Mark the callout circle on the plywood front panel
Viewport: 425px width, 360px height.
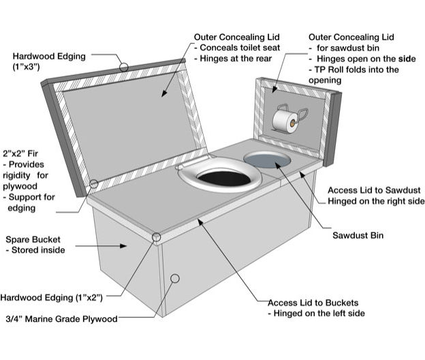tap(175, 278)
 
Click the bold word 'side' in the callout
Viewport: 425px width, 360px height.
tap(407, 59)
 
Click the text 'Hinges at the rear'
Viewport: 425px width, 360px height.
tap(233, 59)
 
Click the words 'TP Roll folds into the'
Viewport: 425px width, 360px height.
tap(357, 70)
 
